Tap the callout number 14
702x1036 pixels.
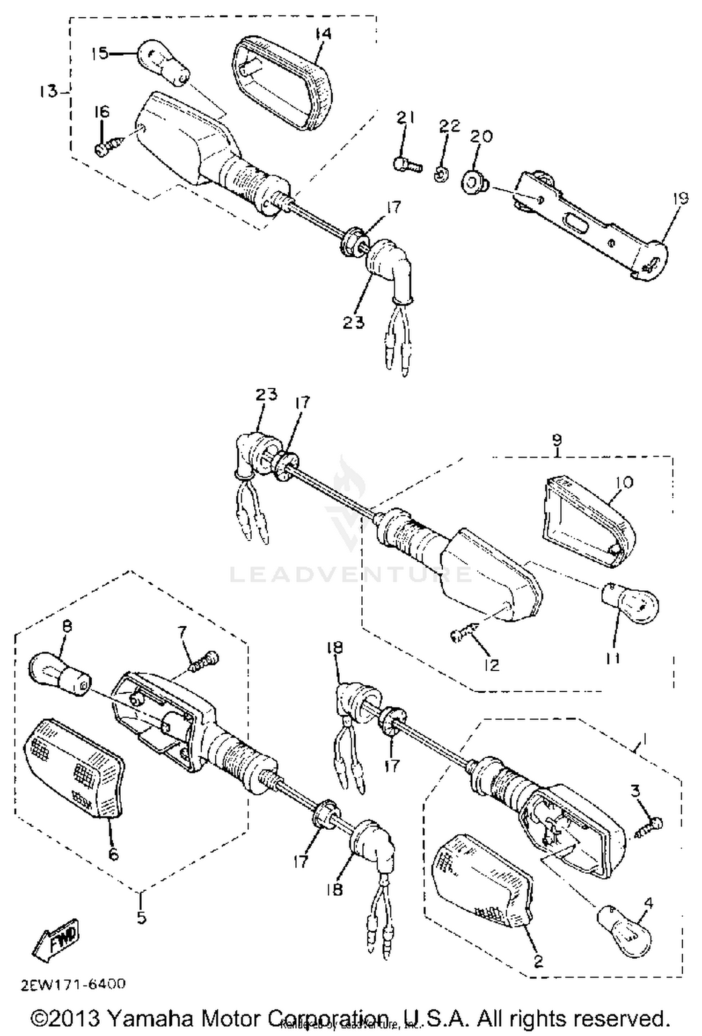pos(323,34)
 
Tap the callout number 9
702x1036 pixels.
pos(557,440)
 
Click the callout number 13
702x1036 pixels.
pos(47,91)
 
